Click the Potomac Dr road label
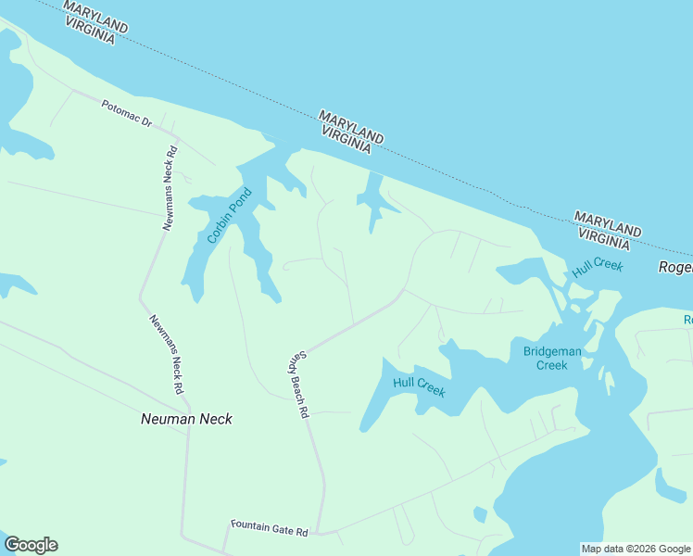pyautogui.click(x=127, y=113)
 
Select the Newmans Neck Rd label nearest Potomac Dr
pyautogui.click(x=170, y=189)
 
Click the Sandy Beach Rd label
pyautogui.click(x=296, y=385)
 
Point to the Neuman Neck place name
pyautogui.click(x=186, y=419)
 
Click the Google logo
pyautogui.click(x=31, y=545)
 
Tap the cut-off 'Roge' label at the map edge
pyautogui.click(x=675, y=267)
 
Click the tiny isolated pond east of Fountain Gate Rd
pyautogui.click(x=480, y=514)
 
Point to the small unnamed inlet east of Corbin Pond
pyautogui.click(x=372, y=199)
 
